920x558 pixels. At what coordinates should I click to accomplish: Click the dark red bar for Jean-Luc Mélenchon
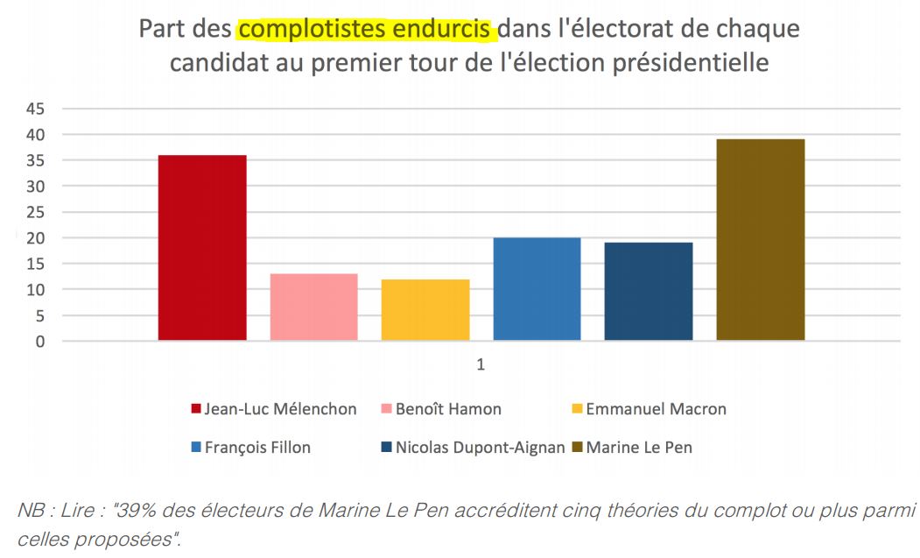point(202,248)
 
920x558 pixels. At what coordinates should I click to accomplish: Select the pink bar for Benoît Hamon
point(313,307)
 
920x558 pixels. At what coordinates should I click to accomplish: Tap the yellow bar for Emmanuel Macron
point(425,310)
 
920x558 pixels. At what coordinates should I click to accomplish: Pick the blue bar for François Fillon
point(537,289)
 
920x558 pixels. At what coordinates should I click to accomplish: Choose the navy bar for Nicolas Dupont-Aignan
point(649,292)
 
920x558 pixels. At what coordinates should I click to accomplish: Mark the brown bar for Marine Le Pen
point(760,240)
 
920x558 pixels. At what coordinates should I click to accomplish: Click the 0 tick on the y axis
point(39,342)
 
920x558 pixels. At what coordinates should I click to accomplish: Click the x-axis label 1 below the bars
point(481,364)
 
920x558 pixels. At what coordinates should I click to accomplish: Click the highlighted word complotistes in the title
point(302,29)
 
